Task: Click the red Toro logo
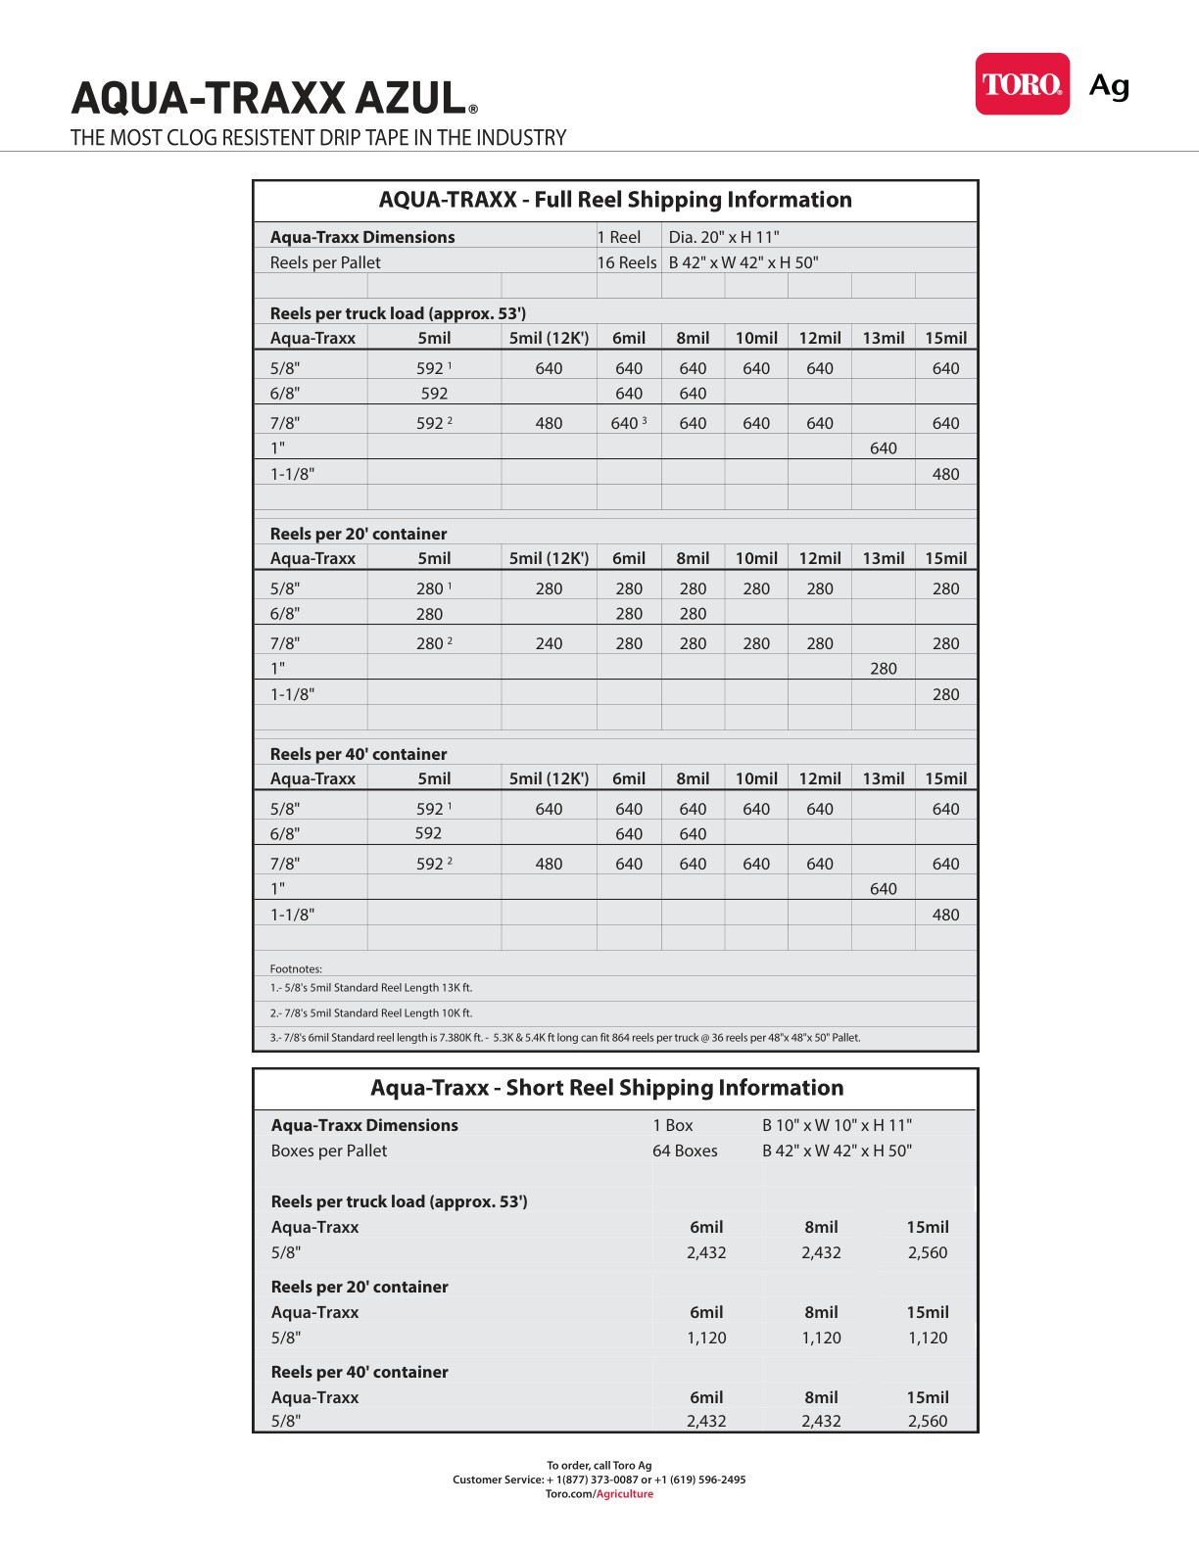point(1022,84)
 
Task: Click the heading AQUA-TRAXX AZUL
point(269,99)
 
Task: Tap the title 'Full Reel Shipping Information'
point(615,200)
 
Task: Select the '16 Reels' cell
point(627,262)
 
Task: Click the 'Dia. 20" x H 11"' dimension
point(724,237)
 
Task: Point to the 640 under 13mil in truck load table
point(883,448)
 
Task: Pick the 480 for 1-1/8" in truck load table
point(945,474)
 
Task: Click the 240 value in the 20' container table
point(549,643)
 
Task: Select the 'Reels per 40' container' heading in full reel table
point(359,754)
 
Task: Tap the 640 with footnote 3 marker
point(627,423)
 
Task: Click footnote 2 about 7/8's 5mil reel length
point(371,1013)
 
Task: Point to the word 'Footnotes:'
point(296,969)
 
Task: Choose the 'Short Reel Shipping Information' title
point(606,1088)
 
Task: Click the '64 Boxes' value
point(685,1151)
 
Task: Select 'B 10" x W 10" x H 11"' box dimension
point(837,1125)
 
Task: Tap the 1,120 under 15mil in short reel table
point(927,1338)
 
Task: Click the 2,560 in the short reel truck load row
point(927,1252)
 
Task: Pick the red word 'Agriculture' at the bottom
point(625,1494)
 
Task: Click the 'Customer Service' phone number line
point(599,1480)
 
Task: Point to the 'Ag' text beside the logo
point(1109,86)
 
